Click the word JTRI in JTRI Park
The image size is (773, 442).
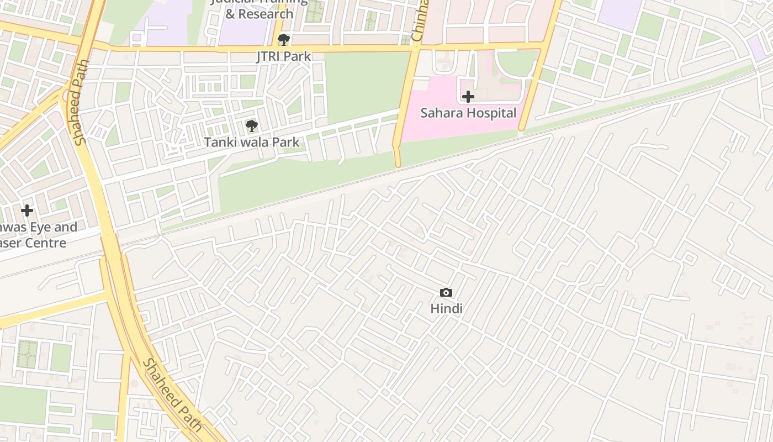pos(269,56)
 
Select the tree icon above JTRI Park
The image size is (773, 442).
pos(284,40)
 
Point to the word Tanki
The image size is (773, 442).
pos(218,142)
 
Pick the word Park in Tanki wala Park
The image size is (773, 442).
pos(285,142)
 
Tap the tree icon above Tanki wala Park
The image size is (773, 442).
pos(252,126)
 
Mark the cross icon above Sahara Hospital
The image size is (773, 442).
pos(468,97)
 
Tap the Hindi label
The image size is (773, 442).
pos(446,309)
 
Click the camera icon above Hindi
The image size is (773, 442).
pos(446,293)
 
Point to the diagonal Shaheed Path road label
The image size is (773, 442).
pos(172,396)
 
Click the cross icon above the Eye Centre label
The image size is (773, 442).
pos(27,211)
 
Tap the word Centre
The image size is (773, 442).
pos(47,243)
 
